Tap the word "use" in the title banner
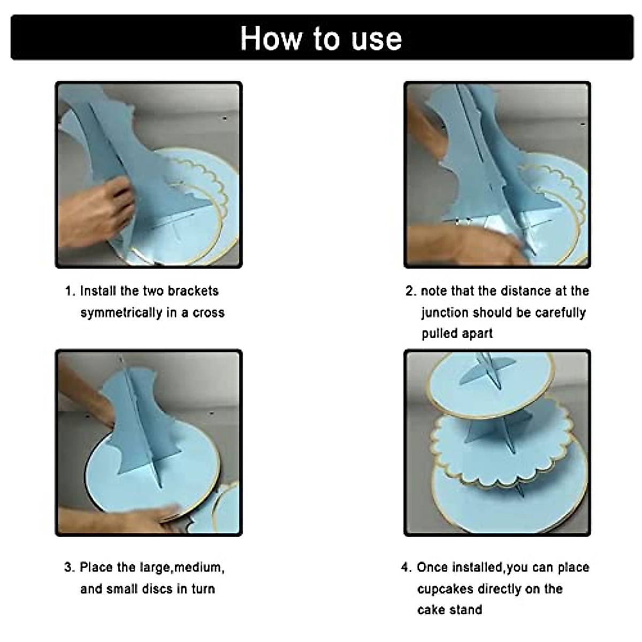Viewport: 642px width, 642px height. tap(377, 40)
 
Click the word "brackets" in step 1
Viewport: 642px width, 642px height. tap(193, 291)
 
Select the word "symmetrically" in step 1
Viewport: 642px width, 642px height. tap(117, 312)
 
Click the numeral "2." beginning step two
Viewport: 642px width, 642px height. tap(411, 291)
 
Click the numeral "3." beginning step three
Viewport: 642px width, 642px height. tap(70, 567)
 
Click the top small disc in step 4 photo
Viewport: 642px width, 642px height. tap(489, 386)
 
